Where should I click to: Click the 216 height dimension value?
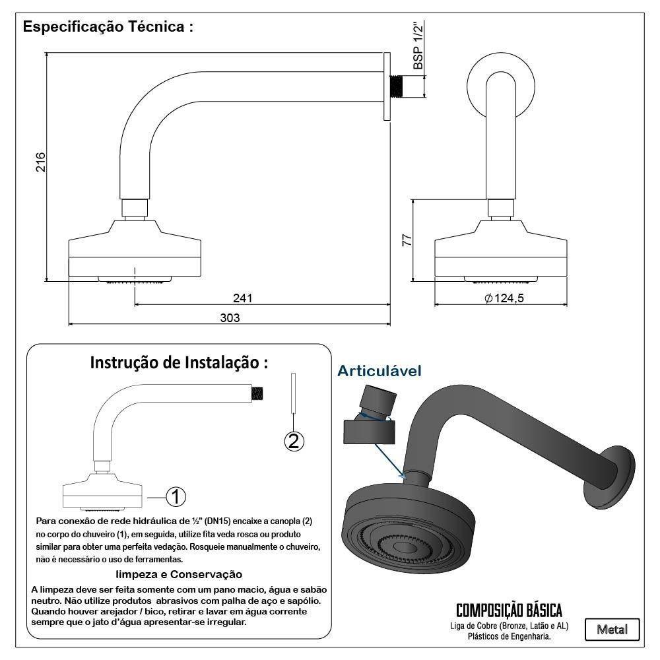40,163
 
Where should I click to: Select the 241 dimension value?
243,299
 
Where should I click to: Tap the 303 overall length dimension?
230,318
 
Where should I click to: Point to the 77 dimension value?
407,240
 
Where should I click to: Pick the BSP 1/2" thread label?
418,47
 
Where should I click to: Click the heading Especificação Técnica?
108,28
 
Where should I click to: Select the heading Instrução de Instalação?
179,362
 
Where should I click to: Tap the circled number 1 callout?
176,496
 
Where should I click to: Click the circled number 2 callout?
294,440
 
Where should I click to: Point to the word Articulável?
379,371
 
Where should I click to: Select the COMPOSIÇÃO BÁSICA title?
509,609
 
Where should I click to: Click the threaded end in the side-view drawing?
397,86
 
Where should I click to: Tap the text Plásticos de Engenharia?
509,637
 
